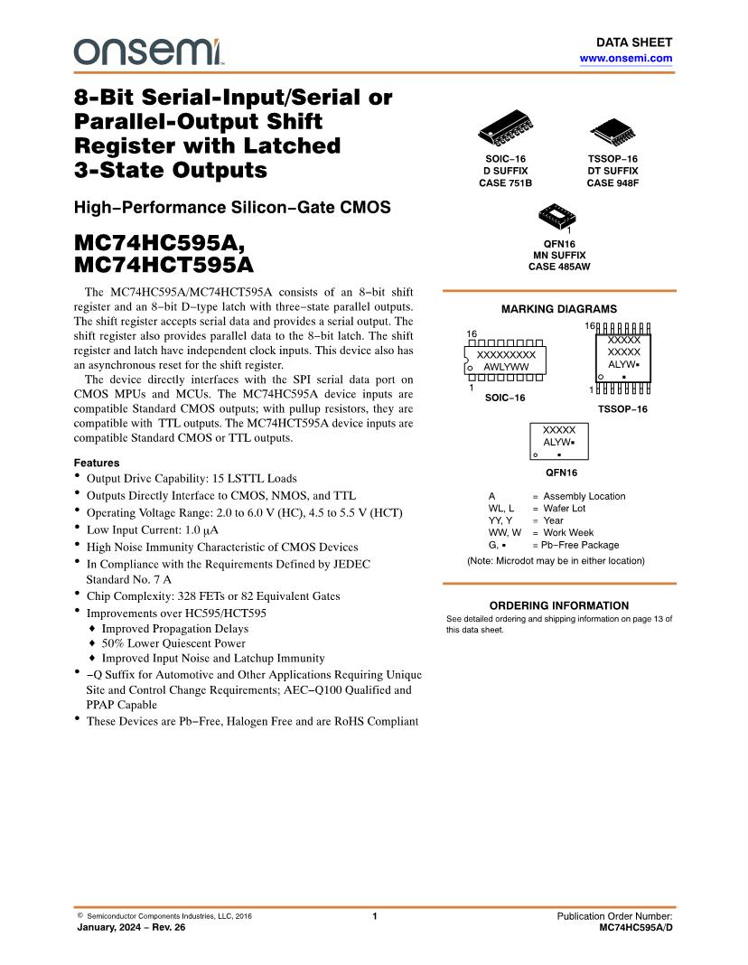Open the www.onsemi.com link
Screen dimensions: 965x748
(x=625, y=58)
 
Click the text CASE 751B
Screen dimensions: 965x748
(x=505, y=183)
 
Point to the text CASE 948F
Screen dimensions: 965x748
(x=612, y=183)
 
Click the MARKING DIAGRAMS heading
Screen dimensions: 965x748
(x=558, y=309)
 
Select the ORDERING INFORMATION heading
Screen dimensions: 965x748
(x=558, y=605)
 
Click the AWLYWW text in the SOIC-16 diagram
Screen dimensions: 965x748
(x=506, y=368)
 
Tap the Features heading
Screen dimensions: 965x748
(x=97, y=463)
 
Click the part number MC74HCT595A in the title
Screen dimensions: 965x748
(x=164, y=266)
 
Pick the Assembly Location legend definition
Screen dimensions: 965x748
(x=584, y=496)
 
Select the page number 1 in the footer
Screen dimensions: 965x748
(x=374, y=916)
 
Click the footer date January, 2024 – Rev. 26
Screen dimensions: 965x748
(x=131, y=928)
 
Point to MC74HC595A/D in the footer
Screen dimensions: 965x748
(x=636, y=928)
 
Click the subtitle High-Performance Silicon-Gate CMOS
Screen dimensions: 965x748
(x=232, y=208)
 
